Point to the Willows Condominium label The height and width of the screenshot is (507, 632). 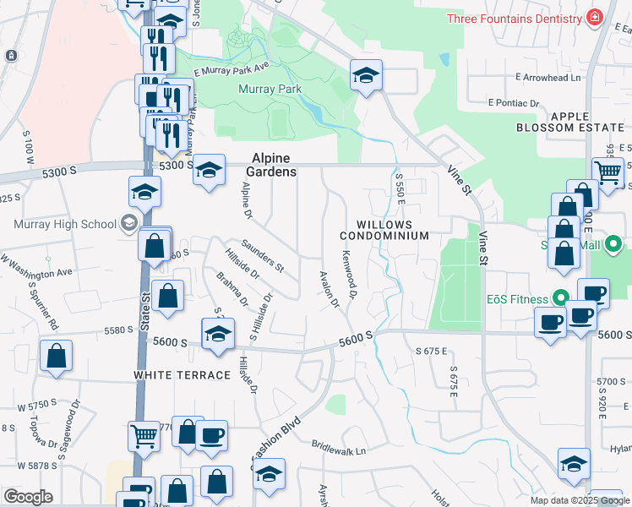393,230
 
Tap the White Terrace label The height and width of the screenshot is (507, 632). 181,374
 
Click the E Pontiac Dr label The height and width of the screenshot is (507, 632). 514,102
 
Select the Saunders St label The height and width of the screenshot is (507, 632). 262,255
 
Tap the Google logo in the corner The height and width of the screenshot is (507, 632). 28,497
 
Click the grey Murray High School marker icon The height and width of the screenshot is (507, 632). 128,224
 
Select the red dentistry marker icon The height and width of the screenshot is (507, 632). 596,17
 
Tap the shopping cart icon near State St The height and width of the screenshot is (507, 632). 144,436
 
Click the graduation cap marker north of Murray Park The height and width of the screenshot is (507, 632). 366,76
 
